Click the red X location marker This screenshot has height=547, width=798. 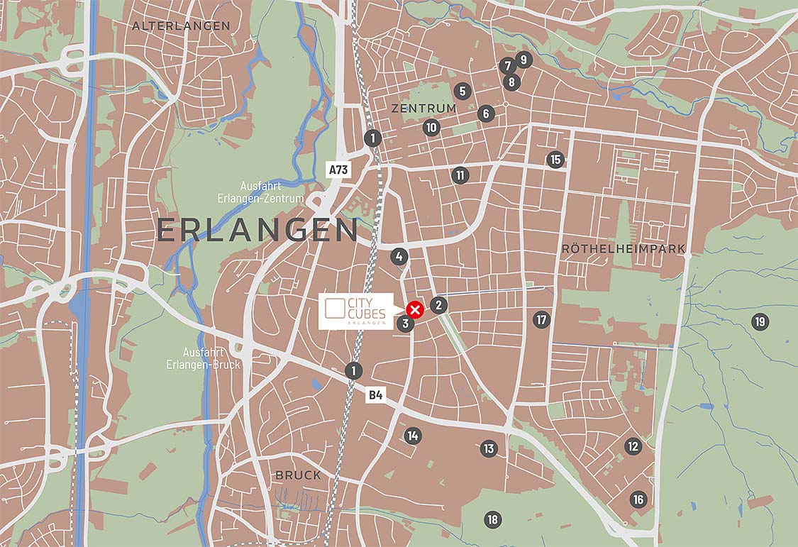416,309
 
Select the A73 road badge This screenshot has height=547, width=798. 338,170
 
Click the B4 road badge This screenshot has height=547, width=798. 375,395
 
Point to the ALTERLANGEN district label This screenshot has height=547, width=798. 181,26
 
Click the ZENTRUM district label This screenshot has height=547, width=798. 423,108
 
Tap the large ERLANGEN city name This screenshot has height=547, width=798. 257,231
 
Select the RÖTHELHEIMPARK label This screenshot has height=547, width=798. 624,249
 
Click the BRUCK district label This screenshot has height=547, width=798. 298,475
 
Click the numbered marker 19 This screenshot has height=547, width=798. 760,322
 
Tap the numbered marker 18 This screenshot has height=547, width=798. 492,519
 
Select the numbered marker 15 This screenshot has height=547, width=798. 555,160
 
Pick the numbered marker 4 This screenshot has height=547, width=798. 399,257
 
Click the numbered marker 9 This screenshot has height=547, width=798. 523,60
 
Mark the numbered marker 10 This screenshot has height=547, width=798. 431,128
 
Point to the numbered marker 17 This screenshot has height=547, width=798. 542,320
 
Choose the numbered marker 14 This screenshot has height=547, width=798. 413,436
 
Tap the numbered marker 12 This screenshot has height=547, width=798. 633,446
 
